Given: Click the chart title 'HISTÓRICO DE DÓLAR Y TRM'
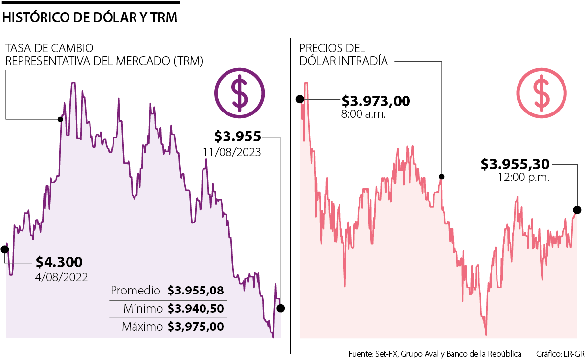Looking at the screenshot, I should (90, 18).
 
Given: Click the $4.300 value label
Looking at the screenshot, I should (59, 262).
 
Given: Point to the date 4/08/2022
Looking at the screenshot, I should (62, 277).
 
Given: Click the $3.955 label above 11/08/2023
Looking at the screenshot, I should (238, 136).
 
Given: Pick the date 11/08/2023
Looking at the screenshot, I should (232, 152).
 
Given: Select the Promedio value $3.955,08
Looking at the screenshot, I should (196, 291).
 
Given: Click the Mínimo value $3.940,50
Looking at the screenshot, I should (196, 309).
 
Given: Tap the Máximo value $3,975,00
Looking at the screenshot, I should (196, 327).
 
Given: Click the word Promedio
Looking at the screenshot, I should (135, 291).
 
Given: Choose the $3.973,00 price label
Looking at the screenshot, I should (376, 101).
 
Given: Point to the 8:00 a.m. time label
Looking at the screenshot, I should (364, 115).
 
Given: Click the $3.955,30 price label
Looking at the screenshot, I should (515, 164).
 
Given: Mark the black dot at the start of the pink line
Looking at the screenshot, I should (300, 99).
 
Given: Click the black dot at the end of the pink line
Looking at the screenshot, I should (577, 210).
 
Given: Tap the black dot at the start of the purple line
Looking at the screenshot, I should (5, 249).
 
